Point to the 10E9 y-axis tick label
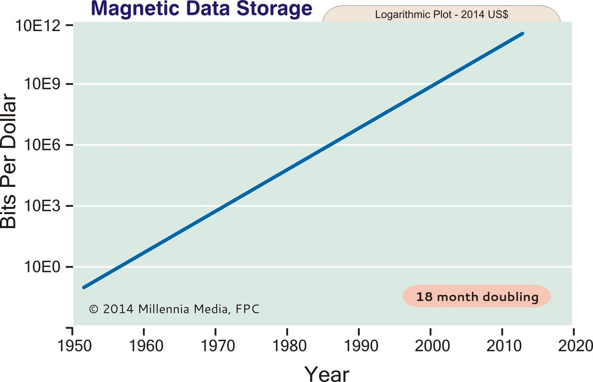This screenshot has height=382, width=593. [x=43, y=84]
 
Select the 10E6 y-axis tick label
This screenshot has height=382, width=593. [x=43, y=145]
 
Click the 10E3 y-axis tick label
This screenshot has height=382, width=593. [x=43, y=206]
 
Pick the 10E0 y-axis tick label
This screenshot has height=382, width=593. [x=43, y=267]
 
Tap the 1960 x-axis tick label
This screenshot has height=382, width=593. [x=143, y=344]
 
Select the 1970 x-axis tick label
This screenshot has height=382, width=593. [x=215, y=344]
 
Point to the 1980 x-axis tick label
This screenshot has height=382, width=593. [x=287, y=344]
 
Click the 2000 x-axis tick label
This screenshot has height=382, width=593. [x=430, y=344]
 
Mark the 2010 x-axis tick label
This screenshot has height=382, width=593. [x=502, y=344]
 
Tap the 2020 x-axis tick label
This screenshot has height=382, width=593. [x=573, y=344]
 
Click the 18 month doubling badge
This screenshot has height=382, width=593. [x=476, y=297]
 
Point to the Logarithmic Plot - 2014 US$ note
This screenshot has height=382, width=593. [x=442, y=14]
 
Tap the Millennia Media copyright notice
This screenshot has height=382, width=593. [x=174, y=309]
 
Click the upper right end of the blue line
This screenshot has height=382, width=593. [x=522, y=34]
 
